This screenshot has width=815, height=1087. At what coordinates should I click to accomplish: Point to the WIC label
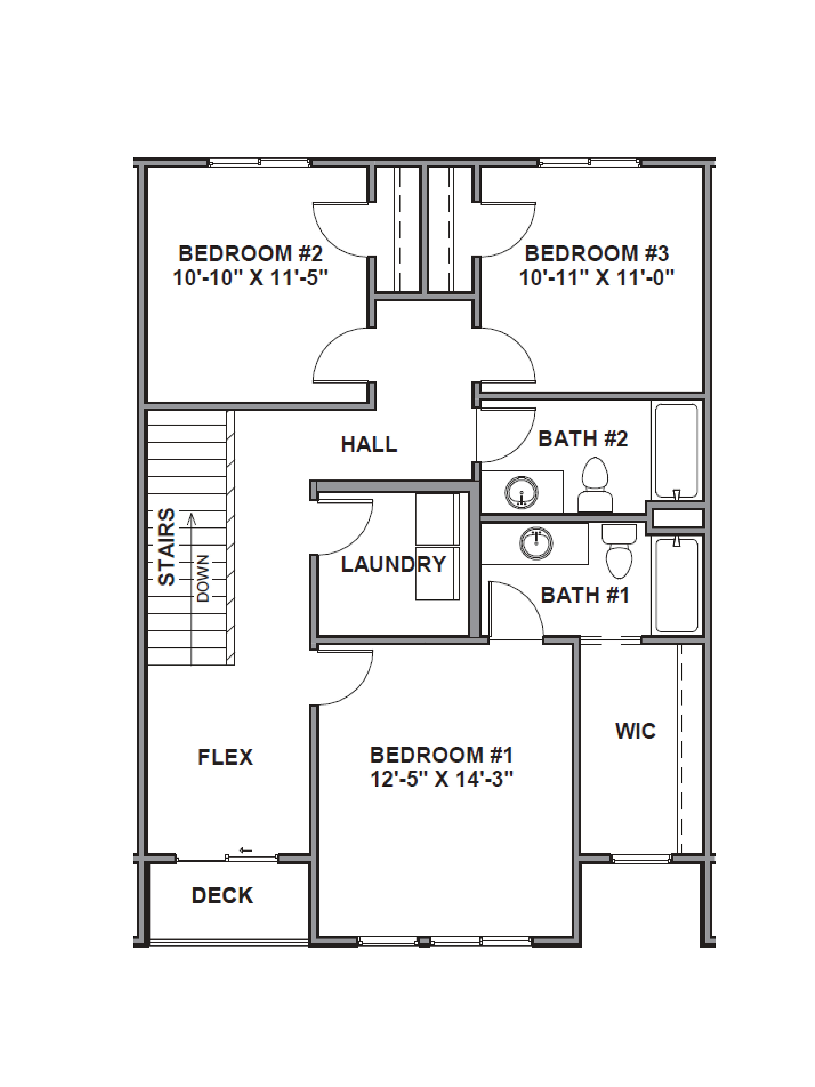tap(635, 731)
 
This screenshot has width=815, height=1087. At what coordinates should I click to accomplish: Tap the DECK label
tap(222, 895)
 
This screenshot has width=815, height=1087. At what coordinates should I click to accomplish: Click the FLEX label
tap(225, 757)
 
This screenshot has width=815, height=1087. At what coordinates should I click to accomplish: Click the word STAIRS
tap(167, 546)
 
